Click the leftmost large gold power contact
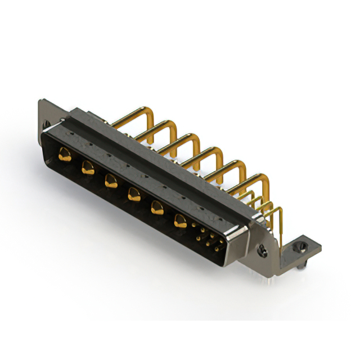pos(65,153)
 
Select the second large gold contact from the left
pos(88,167)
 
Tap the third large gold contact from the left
pos(110,181)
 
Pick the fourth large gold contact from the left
pos(134,195)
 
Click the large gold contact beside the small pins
pos(181,221)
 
